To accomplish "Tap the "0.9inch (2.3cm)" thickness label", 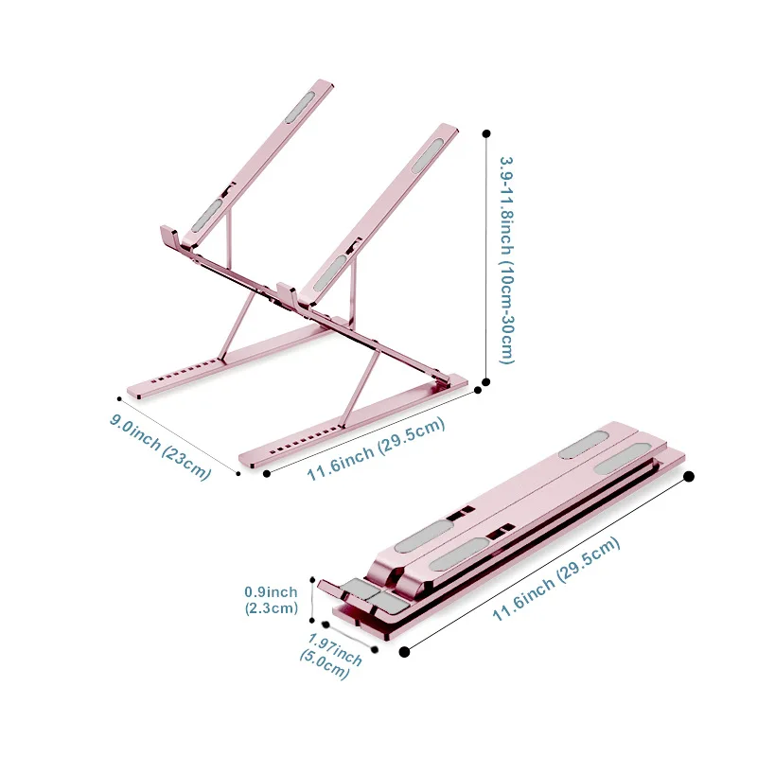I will click(x=272, y=601).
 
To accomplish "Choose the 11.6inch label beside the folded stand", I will click(x=555, y=580).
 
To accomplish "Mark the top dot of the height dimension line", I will click(x=486, y=133).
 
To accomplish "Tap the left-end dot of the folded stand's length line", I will click(x=405, y=651).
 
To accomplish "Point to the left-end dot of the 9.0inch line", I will click(x=119, y=397).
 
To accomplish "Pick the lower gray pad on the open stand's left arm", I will click(x=207, y=216).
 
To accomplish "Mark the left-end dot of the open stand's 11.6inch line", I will click(x=267, y=472).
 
